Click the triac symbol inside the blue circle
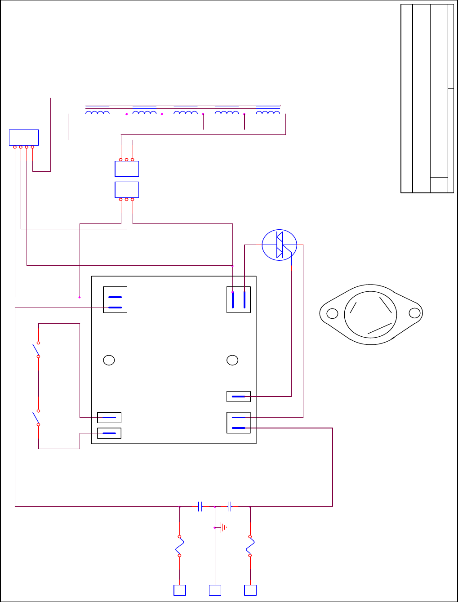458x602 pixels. click(x=280, y=245)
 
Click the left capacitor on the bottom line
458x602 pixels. click(x=200, y=507)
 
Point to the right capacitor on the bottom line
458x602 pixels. click(x=229, y=507)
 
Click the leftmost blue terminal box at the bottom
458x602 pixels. click(x=180, y=590)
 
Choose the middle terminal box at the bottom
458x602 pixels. click(x=215, y=590)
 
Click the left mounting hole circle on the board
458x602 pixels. click(x=109, y=360)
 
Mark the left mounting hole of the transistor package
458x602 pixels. click(x=332, y=313)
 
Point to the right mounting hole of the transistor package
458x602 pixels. click(x=415, y=313)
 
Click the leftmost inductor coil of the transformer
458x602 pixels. click(x=97, y=112)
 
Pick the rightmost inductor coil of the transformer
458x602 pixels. click(x=268, y=112)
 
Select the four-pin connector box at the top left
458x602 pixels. click(x=24, y=138)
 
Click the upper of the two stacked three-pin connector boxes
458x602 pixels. click(x=127, y=169)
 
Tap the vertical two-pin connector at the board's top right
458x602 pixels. click(x=239, y=300)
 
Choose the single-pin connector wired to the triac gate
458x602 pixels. click(x=239, y=397)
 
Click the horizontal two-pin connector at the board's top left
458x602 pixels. click(x=115, y=300)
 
